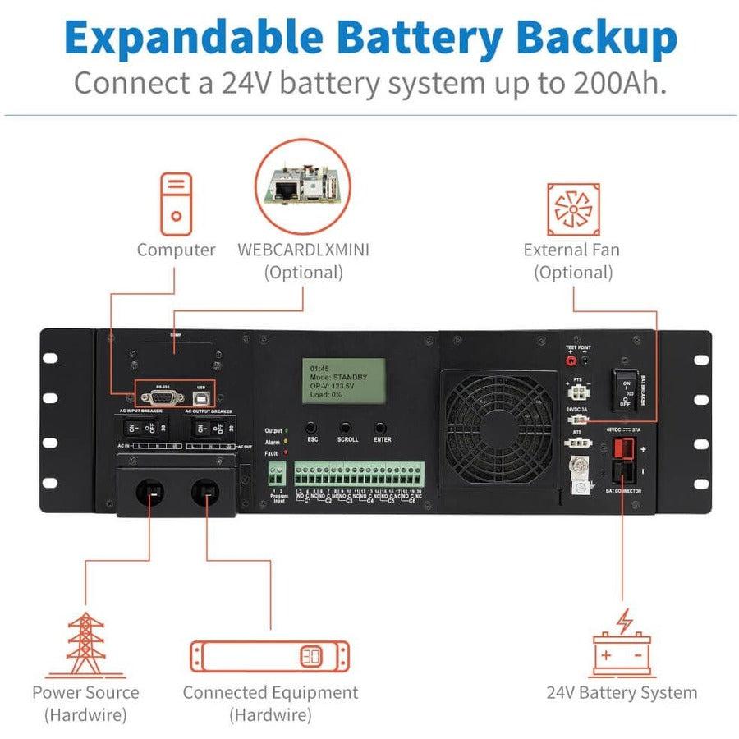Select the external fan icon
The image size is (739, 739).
572,206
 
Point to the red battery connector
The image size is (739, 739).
622,450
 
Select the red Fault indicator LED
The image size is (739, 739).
286,452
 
